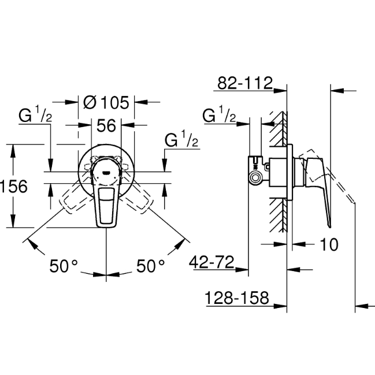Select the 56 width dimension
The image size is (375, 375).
pyautogui.click(x=106, y=125)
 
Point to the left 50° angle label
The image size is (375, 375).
pyautogui.click(x=64, y=266)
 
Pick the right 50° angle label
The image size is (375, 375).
pyautogui.click(x=151, y=266)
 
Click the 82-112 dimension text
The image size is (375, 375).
pyautogui.click(x=244, y=83)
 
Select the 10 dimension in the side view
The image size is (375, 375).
pyautogui.click(x=329, y=245)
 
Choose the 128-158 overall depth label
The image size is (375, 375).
pyautogui.click(x=237, y=298)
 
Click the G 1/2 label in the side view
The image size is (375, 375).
pyautogui.click(x=219, y=115)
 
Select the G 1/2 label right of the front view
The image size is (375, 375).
pyautogui.click(x=182, y=140)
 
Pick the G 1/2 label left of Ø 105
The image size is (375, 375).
pyautogui.click(x=36, y=115)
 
